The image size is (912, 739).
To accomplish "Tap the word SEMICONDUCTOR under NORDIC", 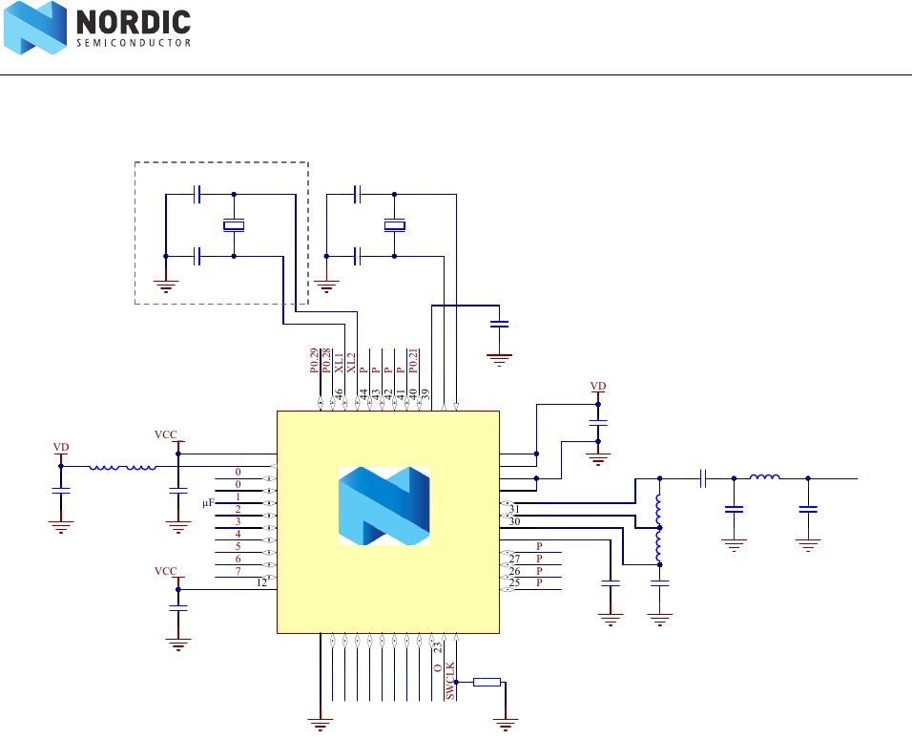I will [x=133, y=43].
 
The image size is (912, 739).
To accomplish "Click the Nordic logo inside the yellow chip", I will [x=384, y=506].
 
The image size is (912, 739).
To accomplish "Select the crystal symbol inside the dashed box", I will [x=234, y=225].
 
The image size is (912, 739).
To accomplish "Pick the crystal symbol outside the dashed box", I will [x=394, y=225].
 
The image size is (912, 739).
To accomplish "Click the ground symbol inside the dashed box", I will [x=166, y=285].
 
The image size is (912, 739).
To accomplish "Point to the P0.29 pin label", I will [x=314, y=360].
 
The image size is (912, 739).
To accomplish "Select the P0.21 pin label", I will [x=414, y=360].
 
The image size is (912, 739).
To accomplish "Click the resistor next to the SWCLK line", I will [x=487, y=682].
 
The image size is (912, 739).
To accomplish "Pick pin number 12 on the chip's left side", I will [x=261, y=582].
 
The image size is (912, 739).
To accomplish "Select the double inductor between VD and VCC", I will [x=123, y=467].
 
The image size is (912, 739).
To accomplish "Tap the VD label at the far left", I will [x=61, y=447].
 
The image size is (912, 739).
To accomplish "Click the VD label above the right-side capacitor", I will [x=598, y=387].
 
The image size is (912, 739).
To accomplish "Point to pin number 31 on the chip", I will [x=514, y=509].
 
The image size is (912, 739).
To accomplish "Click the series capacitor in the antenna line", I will [x=702, y=476].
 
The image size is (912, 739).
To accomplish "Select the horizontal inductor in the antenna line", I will [x=764, y=476].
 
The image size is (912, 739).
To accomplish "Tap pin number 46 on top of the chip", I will [x=339, y=393].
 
